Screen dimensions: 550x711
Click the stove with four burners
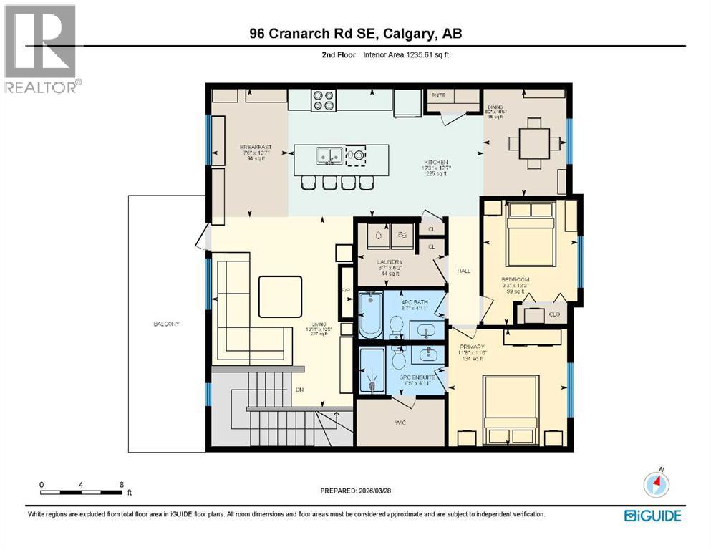[323, 99]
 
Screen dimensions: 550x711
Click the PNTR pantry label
[438, 95]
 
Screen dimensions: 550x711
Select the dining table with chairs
[530, 143]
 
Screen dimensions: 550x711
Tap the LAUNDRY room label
[390, 262]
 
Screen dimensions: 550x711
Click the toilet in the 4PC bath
[395, 328]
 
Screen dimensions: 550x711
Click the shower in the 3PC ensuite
[371, 371]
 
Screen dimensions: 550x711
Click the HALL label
[464, 271]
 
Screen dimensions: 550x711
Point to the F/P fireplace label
[345, 290]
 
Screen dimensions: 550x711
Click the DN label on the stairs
[299, 391]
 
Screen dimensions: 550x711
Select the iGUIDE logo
[652, 515]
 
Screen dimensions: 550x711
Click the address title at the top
[356, 34]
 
